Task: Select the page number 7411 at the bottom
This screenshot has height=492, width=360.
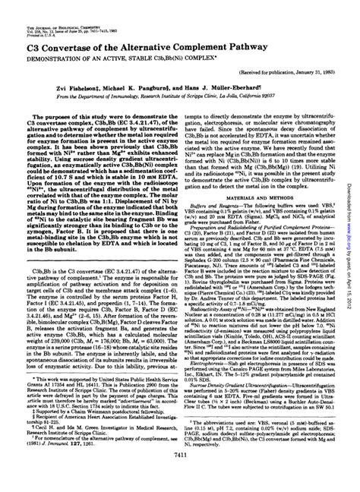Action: click(178, 474)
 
